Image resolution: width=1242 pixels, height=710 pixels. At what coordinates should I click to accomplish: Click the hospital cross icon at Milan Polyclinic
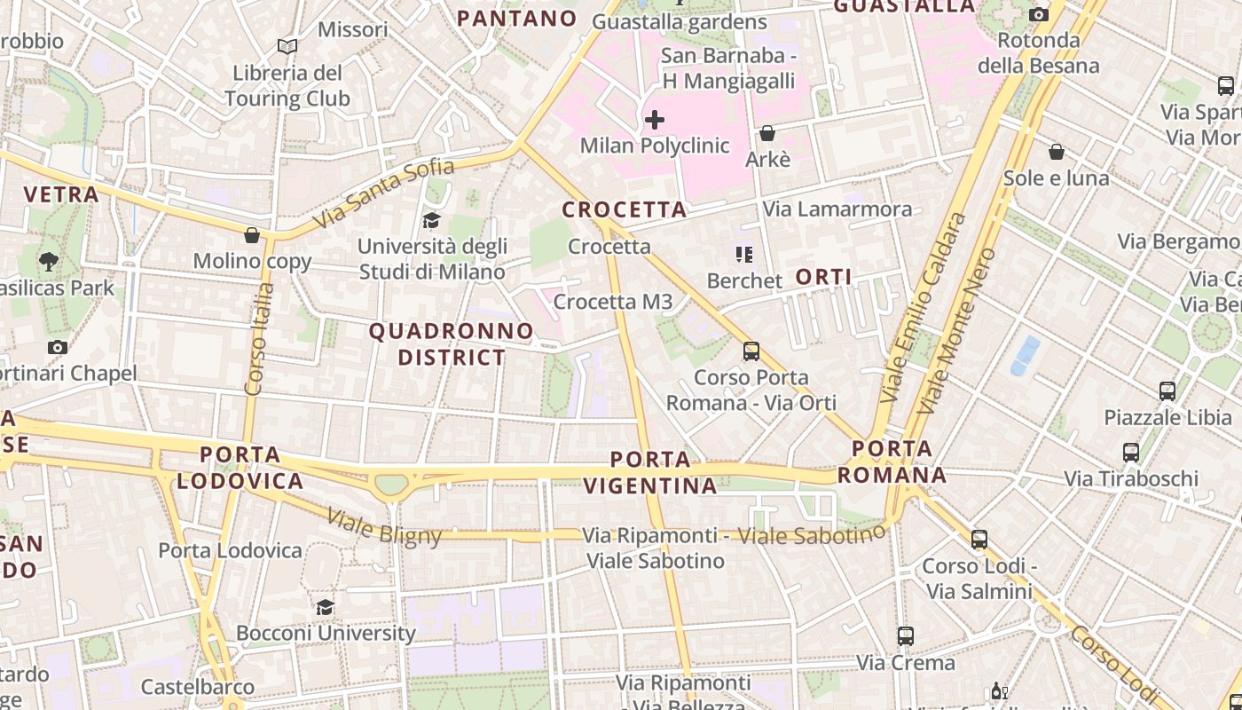pyautogui.click(x=655, y=119)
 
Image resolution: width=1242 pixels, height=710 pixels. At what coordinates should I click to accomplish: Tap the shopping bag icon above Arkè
pyautogui.click(x=767, y=133)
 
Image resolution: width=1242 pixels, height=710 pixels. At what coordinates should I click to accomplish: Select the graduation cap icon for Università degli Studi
pyautogui.click(x=432, y=220)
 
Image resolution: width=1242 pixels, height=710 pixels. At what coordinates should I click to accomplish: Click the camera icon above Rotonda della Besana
pyautogui.click(x=1038, y=14)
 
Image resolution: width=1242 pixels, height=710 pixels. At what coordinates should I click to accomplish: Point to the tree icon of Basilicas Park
pyautogui.click(x=49, y=262)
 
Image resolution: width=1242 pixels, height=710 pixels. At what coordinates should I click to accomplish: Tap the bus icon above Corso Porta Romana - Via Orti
pyautogui.click(x=751, y=351)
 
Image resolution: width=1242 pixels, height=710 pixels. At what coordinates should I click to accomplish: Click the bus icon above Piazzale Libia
pyautogui.click(x=1167, y=390)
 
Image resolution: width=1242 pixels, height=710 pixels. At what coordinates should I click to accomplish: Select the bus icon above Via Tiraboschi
pyautogui.click(x=1131, y=453)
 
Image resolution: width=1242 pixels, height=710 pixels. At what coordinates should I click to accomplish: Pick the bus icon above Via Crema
pyautogui.click(x=905, y=636)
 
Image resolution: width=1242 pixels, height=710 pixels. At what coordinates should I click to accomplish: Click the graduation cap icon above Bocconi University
pyautogui.click(x=326, y=607)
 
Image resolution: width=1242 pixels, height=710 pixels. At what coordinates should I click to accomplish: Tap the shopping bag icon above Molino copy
pyautogui.click(x=252, y=235)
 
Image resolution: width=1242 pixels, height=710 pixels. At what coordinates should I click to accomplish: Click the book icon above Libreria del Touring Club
pyautogui.click(x=287, y=46)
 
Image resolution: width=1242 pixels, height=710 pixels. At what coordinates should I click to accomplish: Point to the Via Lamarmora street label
pyautogui.click(x=837, y=209)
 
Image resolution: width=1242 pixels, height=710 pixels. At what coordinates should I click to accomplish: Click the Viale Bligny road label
pyautogui.click(x=383, y=526)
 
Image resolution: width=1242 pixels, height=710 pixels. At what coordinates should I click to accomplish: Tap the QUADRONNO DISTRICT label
pyautogui.click(x=452, y=344)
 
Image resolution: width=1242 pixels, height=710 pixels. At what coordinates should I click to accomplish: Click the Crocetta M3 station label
pyautogui.click(x=613, y=302)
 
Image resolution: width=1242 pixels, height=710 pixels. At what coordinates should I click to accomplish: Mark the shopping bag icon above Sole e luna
pyautogui.click(x=1056, y=153)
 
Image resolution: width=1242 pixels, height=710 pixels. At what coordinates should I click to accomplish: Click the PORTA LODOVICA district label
pyautogui.click(x=240, y=468)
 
